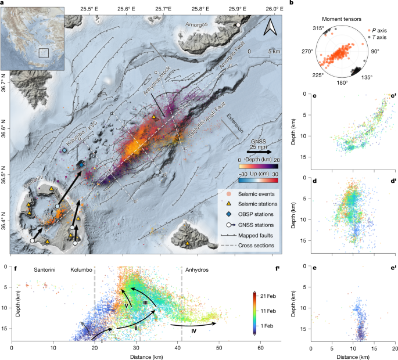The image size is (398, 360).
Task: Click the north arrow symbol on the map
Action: [x=268, y=26]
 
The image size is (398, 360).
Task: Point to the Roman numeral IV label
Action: [x=193, y=332]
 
